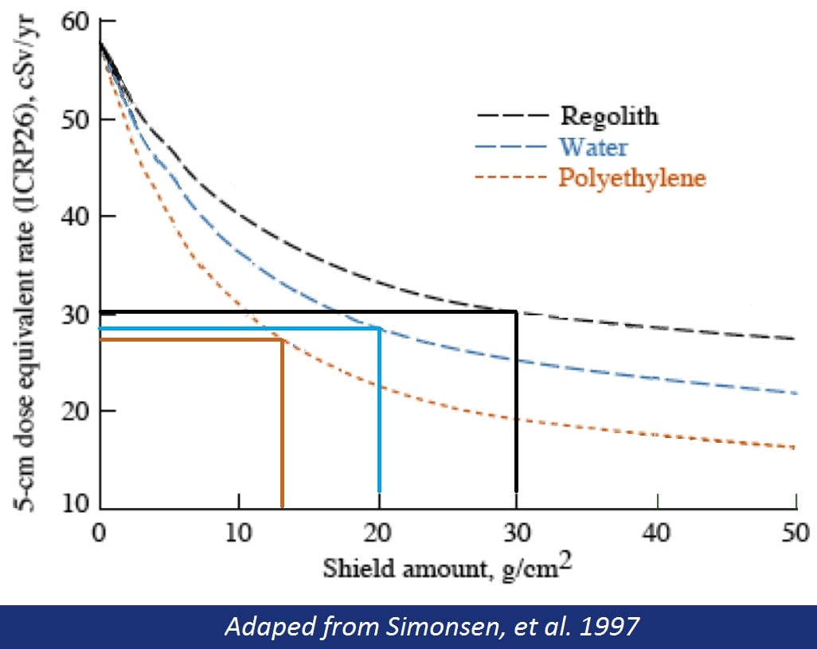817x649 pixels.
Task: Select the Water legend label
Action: [593, 147]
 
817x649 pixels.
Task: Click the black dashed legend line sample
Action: [513, 116]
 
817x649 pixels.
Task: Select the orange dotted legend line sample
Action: [513, 178]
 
